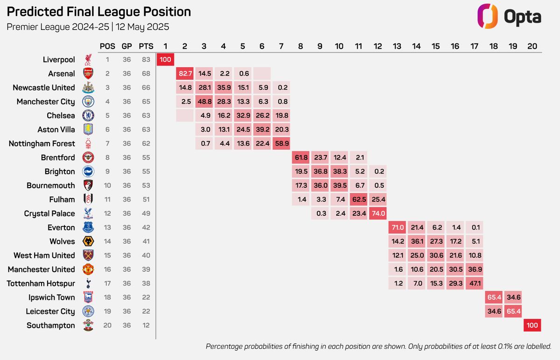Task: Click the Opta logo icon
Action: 487,16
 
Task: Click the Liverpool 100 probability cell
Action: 166,60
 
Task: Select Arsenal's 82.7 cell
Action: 185,74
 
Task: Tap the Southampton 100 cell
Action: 532,325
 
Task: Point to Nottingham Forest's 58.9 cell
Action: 281,143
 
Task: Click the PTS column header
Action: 146,46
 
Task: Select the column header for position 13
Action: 397,46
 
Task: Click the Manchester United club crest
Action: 88,269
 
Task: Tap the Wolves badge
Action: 88,241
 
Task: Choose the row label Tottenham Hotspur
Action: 41,283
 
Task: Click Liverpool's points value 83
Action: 146,60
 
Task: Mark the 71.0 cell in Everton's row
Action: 397,227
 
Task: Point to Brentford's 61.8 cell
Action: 301,157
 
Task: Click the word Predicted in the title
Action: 35,12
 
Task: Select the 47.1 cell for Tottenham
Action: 474,283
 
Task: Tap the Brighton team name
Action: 60,172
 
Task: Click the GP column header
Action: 127,46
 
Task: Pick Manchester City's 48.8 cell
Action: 204,102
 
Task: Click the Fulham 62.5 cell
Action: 358,199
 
